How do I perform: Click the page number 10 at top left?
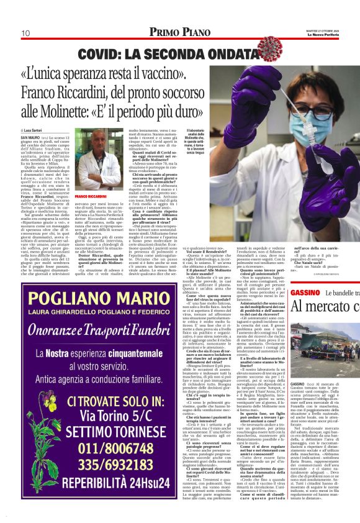[x=26, y=33]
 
